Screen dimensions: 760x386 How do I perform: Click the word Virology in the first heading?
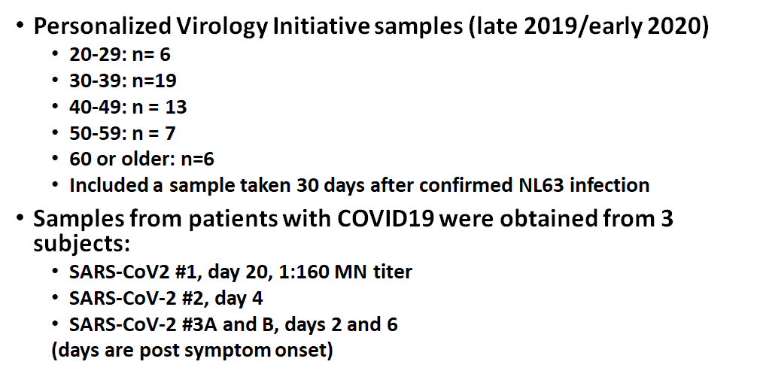point(221,26)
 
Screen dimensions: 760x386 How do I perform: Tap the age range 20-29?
point(95,54)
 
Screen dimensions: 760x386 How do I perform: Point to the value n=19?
point(154,81)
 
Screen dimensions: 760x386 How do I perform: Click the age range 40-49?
point(95,107)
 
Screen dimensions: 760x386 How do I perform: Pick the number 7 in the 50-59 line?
point(169,133)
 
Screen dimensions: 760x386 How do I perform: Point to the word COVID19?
point(385,219)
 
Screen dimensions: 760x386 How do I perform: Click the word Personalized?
point(102,26)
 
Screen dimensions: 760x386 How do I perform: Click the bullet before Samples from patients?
point(20,217)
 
